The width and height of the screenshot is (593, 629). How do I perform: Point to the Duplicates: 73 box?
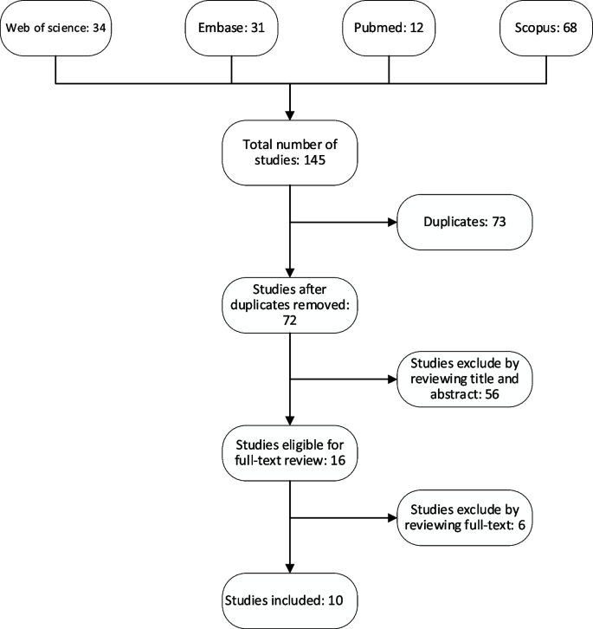pos(465,222)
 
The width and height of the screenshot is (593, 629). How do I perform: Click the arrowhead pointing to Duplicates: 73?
pos(391,222)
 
